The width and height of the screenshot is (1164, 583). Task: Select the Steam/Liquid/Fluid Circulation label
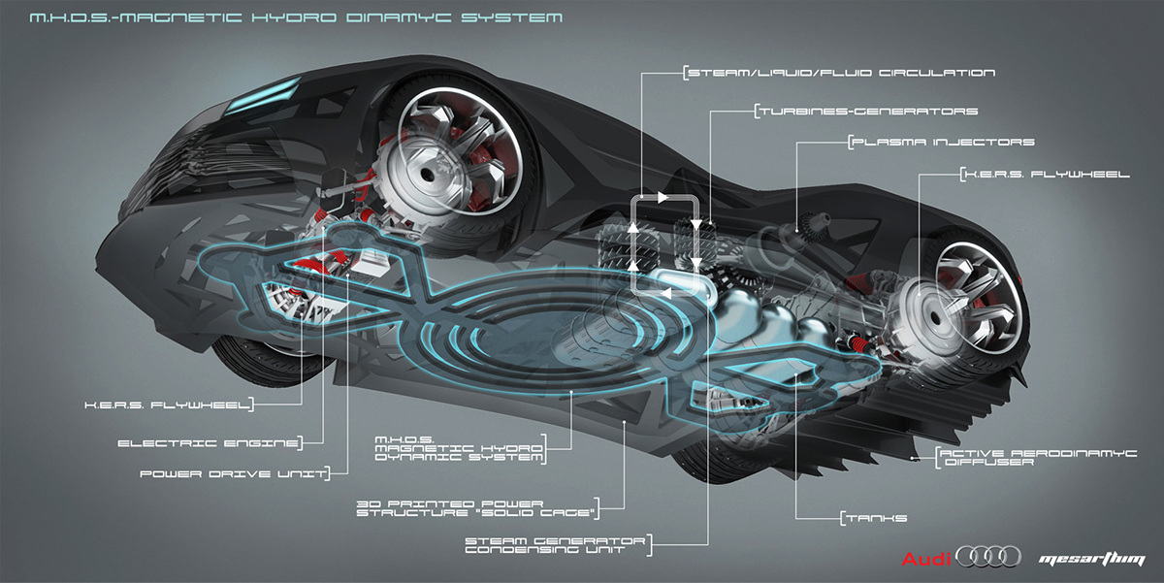tap(840, 73)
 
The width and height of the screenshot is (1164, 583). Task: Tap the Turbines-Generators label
tap(866, 112)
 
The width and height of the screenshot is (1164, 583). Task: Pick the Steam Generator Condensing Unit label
tap(557, 544)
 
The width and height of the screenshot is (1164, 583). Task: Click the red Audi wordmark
tap(926, 560)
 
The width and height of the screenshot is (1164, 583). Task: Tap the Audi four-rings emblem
tap(988, 557)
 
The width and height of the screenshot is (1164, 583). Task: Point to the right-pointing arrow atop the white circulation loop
tap(663, 198)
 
